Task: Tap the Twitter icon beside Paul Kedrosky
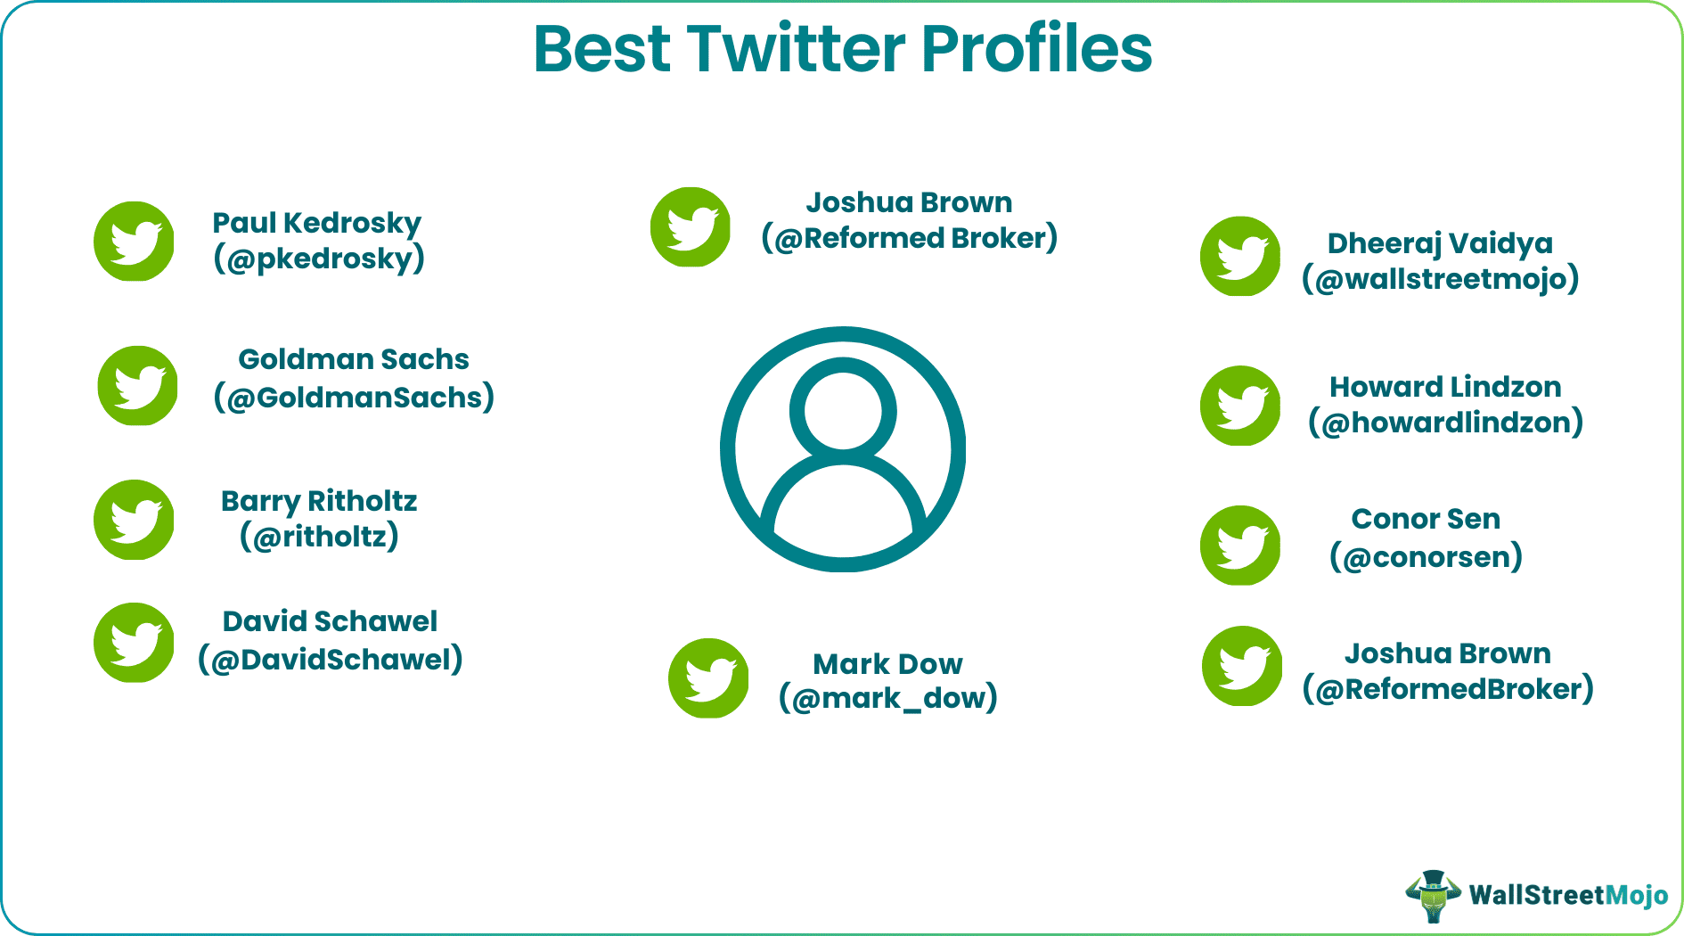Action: tap(134, 241)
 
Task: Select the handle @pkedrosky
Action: tap(318, 259)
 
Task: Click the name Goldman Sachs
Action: tap(353, 359)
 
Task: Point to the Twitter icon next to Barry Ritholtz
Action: tap(134, 520)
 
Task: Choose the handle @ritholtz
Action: tap(319, 537)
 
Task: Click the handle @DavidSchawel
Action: tap(330, 660)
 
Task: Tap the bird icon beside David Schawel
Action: tap(134, 643)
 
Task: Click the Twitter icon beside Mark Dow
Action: tap(708, 678)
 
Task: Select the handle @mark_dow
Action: tap(887, 698)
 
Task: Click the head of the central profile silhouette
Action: tap(842, 411)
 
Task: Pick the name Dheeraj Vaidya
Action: tap(1440, 243)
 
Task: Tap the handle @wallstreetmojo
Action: tap(1440, 279)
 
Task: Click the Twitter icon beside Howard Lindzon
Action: tap(1240, 406)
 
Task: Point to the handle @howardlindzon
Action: tap(1445, 423)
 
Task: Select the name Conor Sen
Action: tap(1426, 519)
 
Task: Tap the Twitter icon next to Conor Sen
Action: tap(1240, 546)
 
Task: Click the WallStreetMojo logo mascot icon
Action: tap(1433, 895)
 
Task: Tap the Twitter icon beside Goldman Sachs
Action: tap(137, 386)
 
